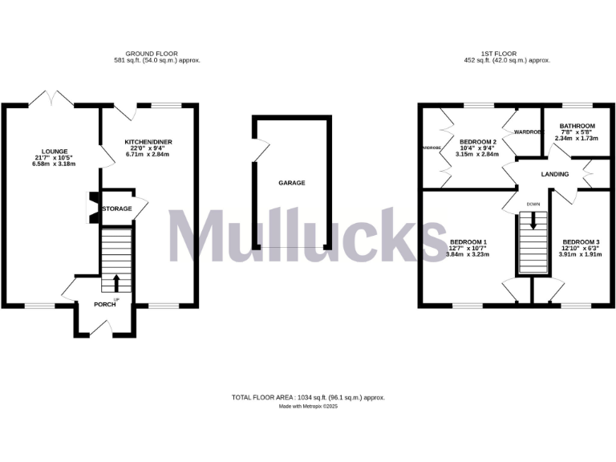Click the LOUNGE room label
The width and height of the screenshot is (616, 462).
49,149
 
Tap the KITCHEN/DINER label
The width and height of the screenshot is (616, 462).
148,142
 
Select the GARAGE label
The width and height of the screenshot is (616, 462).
291,183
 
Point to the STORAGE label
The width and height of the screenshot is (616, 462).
117,209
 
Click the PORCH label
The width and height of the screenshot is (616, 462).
105,304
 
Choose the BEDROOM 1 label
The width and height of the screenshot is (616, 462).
468,241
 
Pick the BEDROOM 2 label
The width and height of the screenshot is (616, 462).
478,142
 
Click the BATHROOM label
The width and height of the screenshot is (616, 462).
577,126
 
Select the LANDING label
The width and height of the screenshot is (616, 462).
555,174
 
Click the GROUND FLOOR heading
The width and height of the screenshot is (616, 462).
157,54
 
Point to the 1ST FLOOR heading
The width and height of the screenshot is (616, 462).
498,54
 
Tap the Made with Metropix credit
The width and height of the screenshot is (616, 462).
309,407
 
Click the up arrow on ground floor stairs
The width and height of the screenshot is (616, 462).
116,282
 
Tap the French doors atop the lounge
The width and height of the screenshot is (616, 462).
51,99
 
